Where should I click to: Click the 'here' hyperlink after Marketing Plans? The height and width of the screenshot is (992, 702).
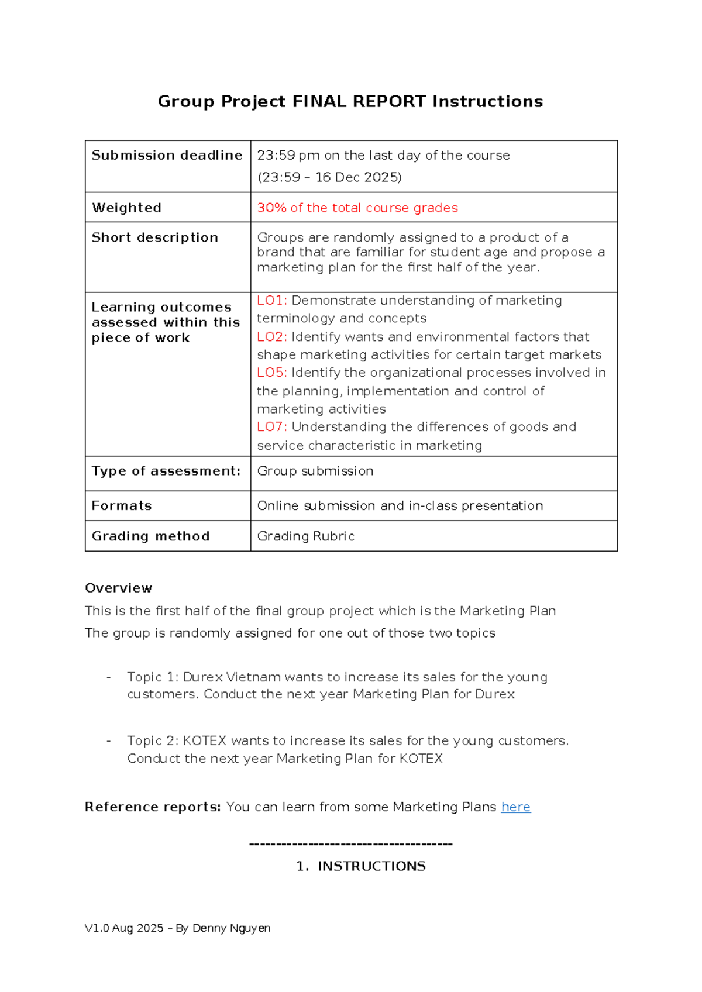(x=515, y=807)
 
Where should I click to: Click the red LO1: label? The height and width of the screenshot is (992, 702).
(x=272, y=301)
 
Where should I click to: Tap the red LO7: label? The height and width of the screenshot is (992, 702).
(x=272, y=427)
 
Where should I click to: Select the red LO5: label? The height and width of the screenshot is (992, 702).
(x=272, y=373)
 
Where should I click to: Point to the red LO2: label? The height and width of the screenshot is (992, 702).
(x=272, y=337)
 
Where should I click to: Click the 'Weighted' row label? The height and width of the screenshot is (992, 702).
(x=126, y=208)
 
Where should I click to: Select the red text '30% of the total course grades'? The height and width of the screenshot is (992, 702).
(x=357, y=208)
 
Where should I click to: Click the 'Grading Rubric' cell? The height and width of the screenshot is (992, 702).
(x=306, y=536)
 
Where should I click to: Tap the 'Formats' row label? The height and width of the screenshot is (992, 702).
(x=122, y=505)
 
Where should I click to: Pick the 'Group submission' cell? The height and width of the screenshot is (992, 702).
(x=315, y=471)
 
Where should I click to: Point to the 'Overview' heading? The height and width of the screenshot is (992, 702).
(x=118, y=588)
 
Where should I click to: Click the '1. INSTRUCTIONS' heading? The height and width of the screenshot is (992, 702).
(x=361, y=866)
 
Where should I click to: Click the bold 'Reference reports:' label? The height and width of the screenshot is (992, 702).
(x=153, y=807)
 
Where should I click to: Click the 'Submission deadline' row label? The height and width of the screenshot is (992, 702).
(x=167, y=155)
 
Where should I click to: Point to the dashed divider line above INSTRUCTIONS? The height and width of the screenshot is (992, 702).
(x=351, y=844)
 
